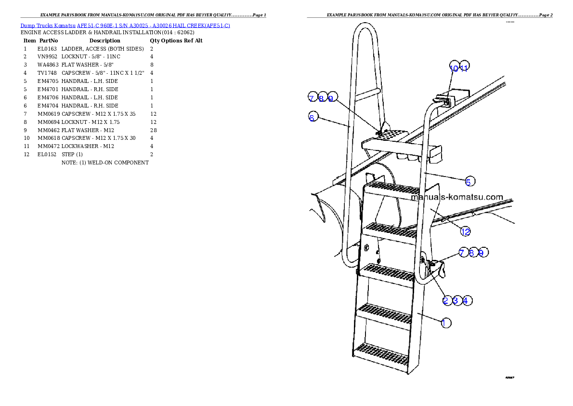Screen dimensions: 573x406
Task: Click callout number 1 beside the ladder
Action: coord(446,323)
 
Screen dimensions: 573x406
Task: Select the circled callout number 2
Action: coord(446,300)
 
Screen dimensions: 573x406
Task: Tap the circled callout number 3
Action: coord(456,300)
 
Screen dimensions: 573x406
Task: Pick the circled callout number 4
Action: coord(466,300)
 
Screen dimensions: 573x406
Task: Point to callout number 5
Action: coord(469,181)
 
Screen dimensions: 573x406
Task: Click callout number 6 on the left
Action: coord(313,117)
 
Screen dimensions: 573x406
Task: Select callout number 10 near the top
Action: coord(454,67)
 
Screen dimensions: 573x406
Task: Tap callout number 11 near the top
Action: coord(464,67)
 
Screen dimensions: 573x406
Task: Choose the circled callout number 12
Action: coord(465,231)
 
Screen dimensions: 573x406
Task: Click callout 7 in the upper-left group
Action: coord(312,97)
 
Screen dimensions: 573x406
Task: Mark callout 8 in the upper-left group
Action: coord(322,98)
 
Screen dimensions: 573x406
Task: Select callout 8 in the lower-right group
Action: coord(472,252)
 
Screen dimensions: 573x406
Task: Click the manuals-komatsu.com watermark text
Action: coord(456,197)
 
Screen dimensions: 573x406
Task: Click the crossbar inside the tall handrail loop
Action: coord(369,92)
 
